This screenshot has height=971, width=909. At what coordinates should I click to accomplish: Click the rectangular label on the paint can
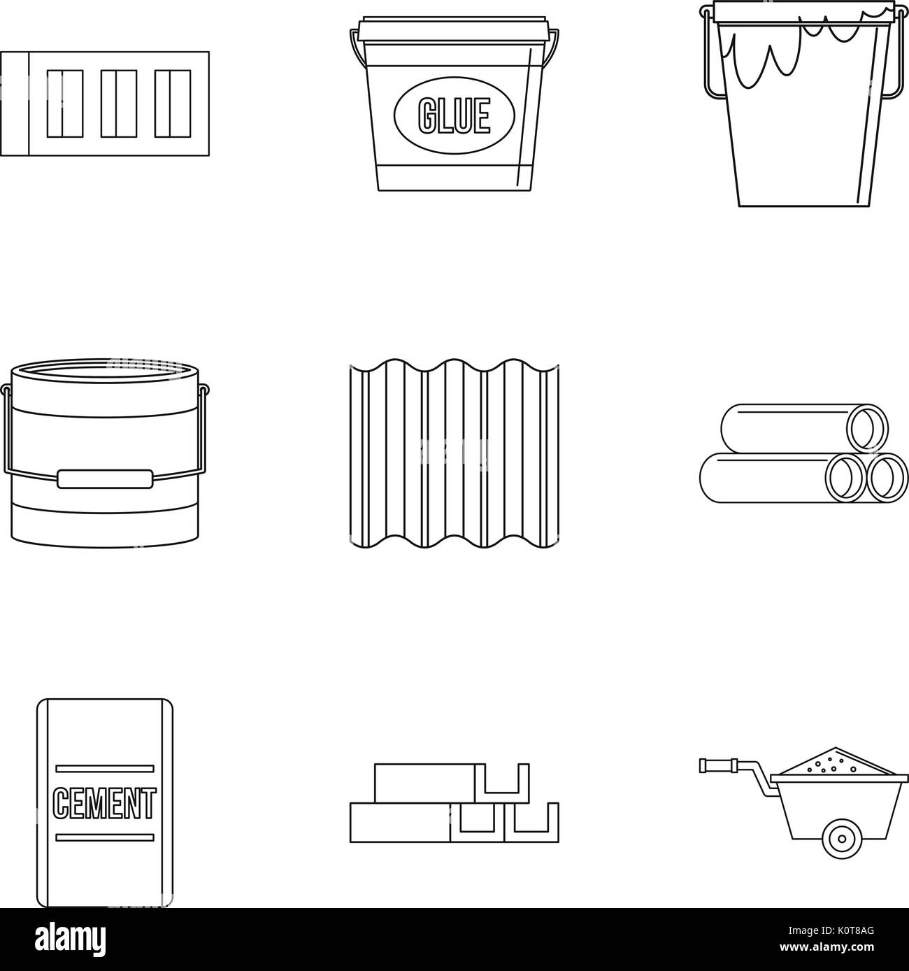[x=105, y=479]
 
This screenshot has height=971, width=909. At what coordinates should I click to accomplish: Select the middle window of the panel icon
[x=118, y=103]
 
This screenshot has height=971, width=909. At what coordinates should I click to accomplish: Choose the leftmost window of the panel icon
[x=64, y=103]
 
